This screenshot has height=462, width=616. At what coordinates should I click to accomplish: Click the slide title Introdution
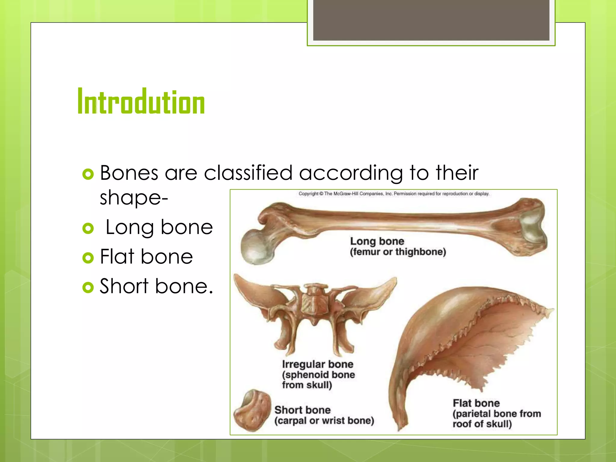pos(141,101)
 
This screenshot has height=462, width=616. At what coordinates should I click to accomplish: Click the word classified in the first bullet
pos(248,173)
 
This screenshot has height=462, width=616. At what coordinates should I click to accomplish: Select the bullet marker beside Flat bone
pos(88,257)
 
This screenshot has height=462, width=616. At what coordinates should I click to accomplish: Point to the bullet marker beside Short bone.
pos(88,287)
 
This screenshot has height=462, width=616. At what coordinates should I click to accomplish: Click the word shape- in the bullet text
pos(134,198)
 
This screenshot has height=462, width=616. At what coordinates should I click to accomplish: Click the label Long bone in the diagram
pos(377,241)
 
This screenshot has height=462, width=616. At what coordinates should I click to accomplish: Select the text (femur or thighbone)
pos(398,252)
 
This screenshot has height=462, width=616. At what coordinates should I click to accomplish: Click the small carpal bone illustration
pos(252,411)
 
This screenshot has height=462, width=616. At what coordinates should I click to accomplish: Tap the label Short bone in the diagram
pos(302,410)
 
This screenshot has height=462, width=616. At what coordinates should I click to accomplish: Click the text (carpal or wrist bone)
pos(324,420)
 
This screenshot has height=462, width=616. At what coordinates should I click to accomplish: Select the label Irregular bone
pos(318,364)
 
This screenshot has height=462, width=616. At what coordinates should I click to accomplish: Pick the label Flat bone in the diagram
pos(476,403)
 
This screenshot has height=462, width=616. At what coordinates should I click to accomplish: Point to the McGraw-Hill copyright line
pos(394,194)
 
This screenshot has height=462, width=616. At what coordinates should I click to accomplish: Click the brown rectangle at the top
pos(431,20)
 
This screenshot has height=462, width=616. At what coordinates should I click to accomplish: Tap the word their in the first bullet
pos(457,173)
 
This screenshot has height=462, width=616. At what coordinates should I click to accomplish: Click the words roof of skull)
pos(482,424)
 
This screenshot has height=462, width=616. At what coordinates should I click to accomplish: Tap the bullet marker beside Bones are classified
pos(88,174)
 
